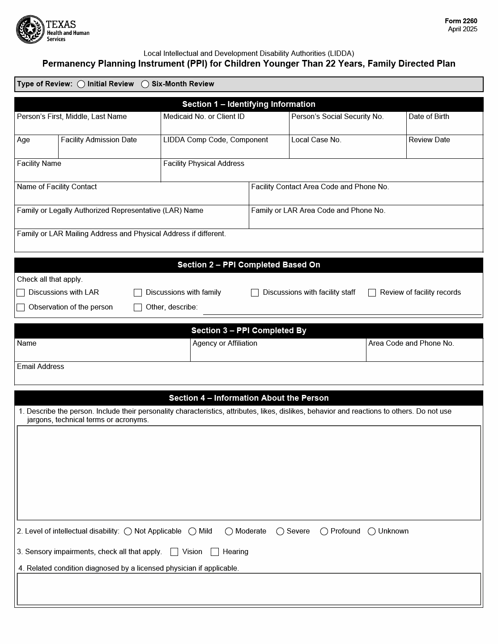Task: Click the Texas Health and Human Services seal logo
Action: point(30,30)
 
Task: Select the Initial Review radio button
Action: point(81,84)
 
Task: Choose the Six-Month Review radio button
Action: point(145,84)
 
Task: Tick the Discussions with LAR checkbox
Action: point(21,292)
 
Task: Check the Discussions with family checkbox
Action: point(138,292)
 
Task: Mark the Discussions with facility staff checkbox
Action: point(255,292)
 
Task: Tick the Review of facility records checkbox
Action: point(372,292)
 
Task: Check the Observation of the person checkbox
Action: point(21,307)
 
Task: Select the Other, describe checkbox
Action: point(138,307)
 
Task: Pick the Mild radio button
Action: point(192,531)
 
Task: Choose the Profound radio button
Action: point(324,531)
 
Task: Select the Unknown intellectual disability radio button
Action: point(372,531)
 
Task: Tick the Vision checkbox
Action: point(175,552)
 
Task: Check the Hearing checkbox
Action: point(215,552)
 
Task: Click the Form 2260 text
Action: point(461,21)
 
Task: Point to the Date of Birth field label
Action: point(429,117)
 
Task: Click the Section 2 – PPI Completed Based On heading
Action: point(249,265)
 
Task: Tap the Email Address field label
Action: point(40,367)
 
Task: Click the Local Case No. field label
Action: point(316,140)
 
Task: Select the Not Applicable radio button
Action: point(128,531)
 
